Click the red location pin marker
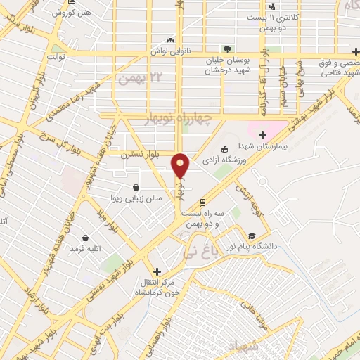click(x=181, y=165)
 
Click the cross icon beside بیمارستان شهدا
click(x=262, y=135)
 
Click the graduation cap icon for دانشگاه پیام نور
click(x=251, y=236)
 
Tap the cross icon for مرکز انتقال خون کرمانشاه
click(x=157, y=271)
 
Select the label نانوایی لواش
click(x=167, y=52)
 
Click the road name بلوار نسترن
click(x=139, y=153)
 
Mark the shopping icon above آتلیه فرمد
click(x=86, y=238)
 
